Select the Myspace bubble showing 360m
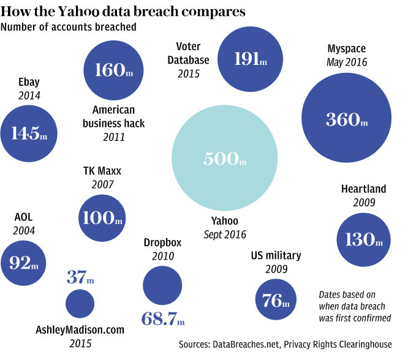pyautogui.click(x=347, y=119)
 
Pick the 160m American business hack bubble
pyautogui.click(x=111, y=69)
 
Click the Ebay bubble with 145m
pyautogui.click(x=29, y=132)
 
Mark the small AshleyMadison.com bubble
pyautogui.click(x=80, y=303)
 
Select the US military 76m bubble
pyautogui.click(x=279, y=300)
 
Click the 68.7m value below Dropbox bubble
pyautogui.click(x=163, y=319)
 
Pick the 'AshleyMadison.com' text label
pyautogui.click(x=80, y=330)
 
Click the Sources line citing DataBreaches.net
pyautogui.click(x=285, y=344)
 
